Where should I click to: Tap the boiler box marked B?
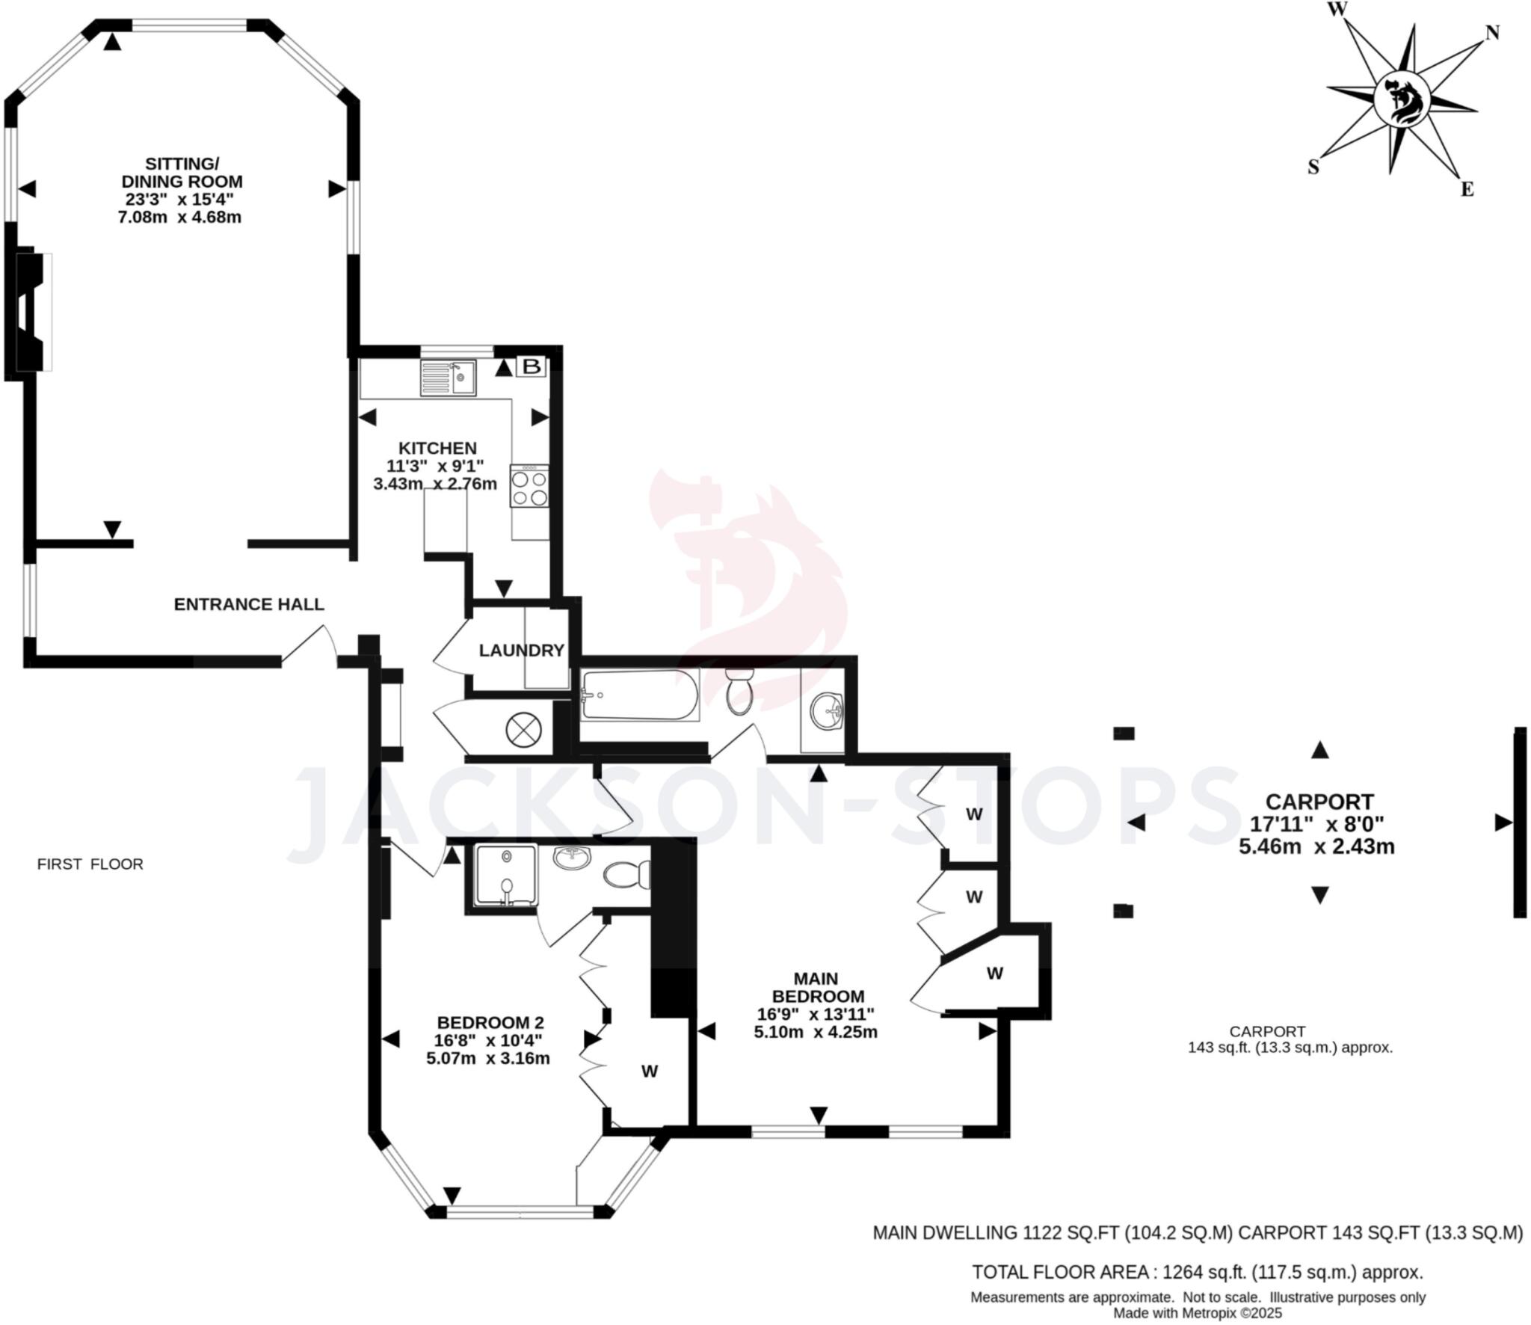point(532,366)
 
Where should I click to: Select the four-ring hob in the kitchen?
point(529,487)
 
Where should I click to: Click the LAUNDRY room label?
point(521,651)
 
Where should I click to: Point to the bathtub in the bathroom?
point(639,695)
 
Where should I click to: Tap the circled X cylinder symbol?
point(523,728)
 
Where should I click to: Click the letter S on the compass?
point(1313,167)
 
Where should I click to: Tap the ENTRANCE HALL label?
point(249,604)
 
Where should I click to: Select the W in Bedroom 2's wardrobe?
point(649,1072)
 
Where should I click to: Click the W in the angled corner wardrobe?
point(994,974)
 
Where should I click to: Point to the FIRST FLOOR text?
point(90,864)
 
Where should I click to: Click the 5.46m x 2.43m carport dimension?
point(1316,846)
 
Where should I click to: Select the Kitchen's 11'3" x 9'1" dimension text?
point(435,466)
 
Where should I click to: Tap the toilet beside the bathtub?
point(739,692)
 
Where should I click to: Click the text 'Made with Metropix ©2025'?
point(1198,1312)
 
